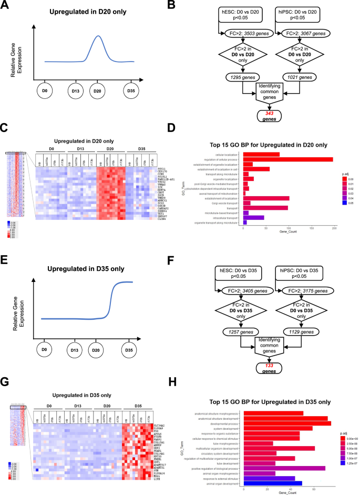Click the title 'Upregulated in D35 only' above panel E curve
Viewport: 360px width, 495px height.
click(86, 254)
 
